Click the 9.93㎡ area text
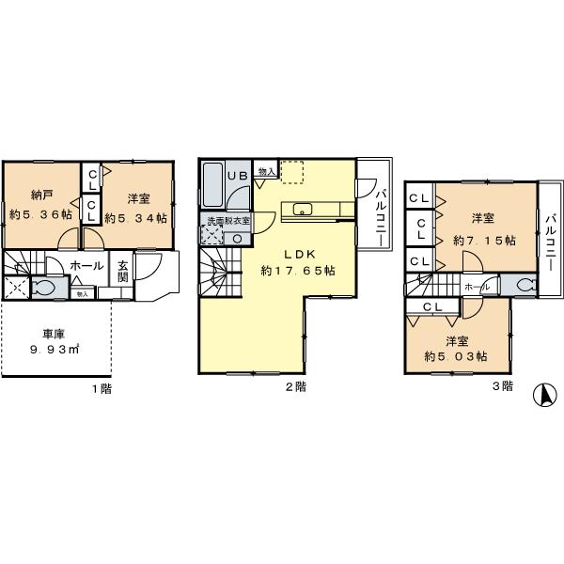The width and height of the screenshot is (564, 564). click(53, 350)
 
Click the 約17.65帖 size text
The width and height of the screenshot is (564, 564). click(299, 271)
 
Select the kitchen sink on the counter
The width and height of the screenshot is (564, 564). click(303, 210)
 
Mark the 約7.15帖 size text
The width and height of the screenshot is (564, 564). click(483, 241)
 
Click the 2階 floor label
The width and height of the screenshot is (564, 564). click(295, 386)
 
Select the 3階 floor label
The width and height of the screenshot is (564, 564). click(501, 386)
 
